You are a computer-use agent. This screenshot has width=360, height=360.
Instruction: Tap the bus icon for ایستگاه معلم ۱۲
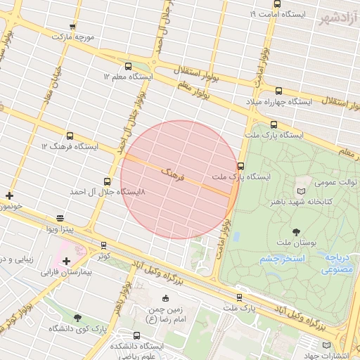(x=127, y=67)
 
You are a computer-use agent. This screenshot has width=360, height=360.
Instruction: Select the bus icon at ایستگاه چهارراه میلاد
(x=278, y=91)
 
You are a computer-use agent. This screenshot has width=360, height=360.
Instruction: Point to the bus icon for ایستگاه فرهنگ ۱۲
(x=70, y=136)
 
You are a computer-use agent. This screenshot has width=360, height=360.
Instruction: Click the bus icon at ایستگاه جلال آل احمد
(x=107, y=181)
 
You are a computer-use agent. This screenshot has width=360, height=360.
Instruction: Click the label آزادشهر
(x=337, y=17)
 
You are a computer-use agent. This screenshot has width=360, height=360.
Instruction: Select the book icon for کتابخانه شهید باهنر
(x=302, y=191)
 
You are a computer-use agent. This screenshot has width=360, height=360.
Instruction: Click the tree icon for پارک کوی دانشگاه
(x=77, y=318)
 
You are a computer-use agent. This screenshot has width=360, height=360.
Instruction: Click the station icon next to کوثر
(x=104, y=245)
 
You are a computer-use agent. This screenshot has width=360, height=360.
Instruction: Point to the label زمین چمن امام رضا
(x=163, y=314)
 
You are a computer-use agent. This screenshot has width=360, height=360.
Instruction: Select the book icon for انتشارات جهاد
(x=326, y=345)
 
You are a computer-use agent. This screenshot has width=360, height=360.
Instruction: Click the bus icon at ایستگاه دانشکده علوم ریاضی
(x=136, y=335)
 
